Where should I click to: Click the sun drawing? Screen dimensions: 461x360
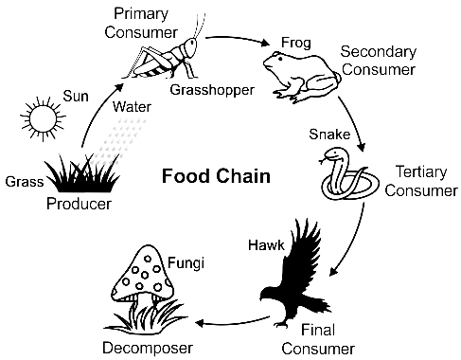click(x=43, y=118)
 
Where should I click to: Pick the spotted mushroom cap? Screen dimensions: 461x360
click(x=143, y=274)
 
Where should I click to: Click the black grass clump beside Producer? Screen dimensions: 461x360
click(x=82, y=173)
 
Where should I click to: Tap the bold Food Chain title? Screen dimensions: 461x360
click(x=216, y=176)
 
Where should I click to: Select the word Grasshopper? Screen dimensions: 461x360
click(x=212, y=90)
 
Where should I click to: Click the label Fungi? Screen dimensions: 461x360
click(x=186, y=263)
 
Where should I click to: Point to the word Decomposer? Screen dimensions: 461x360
click(x=148, y=348)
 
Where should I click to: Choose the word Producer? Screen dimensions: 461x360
click(x=79, y=204)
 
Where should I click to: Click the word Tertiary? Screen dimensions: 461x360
click(x=421, y=172)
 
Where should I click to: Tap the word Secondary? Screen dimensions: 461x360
click(x=379, y=52)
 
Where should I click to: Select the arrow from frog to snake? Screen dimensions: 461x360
click(x=353, y=122)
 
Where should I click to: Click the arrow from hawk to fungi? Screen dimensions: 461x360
click(x=232, y=321)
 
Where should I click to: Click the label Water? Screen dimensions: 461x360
click(x=132, y=107)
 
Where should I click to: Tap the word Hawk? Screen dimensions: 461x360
click(x=266, y=245)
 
